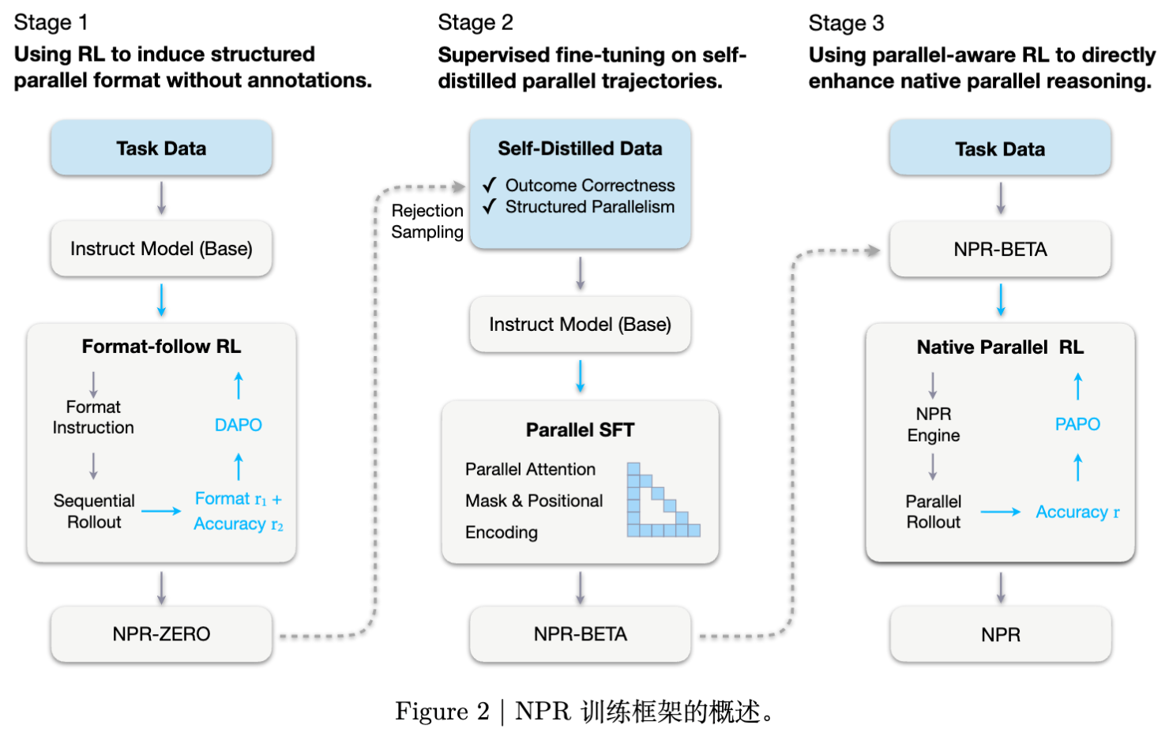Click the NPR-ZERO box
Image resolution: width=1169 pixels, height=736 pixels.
(x=161, y=634)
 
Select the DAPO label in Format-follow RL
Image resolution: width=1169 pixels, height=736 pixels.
(x=239, y=425)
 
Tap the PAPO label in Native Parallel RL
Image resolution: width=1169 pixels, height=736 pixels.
(x=1077, y=424)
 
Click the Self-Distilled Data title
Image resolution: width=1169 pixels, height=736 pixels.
(x=580, y=148)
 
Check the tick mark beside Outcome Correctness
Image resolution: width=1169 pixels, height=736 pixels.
(x=490, y=185)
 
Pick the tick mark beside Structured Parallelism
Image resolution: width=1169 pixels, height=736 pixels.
(x=490, y=206)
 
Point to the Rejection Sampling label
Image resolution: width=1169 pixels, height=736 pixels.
(x=427, y=221)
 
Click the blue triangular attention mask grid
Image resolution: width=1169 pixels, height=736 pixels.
(x=662, y=501)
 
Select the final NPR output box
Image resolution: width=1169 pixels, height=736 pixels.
(x=1000, y=635)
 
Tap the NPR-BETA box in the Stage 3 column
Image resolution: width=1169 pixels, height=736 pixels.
(x=1000, y=250)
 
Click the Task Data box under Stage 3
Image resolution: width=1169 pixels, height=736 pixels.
(x=1000, y=149)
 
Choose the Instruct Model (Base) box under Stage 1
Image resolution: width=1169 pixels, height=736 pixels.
(x=161, y=249)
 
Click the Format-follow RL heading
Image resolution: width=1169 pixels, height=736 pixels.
(x=161, y=347)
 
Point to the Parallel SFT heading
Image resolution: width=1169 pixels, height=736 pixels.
(x=580, y=430)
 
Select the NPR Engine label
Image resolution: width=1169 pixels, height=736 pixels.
(x=934, y=425)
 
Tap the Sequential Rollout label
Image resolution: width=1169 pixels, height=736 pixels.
(x=94, y=511)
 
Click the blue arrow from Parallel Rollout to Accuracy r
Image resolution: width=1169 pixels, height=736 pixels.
(x=1000, y=513)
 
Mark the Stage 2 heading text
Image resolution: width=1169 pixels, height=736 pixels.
(x=475, y=23)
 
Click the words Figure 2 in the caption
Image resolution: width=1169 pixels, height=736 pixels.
(x=442, y=712)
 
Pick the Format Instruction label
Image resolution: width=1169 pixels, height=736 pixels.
(x=93, y=417)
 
